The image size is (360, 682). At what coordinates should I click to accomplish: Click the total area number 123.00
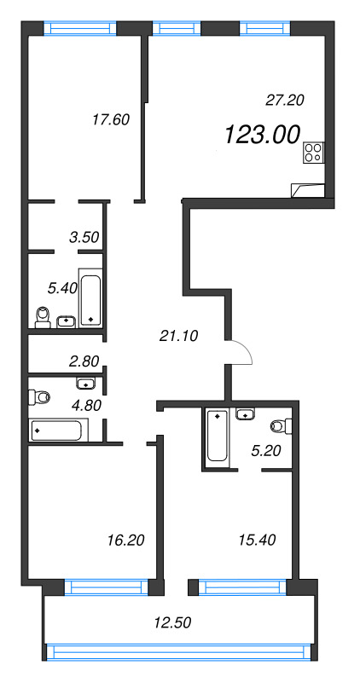263,135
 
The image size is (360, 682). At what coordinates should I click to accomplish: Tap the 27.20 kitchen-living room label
284,101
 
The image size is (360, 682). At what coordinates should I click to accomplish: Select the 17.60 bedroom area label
111,119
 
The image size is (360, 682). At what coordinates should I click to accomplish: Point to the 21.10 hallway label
178,335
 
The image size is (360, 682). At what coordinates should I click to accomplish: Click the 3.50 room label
84,237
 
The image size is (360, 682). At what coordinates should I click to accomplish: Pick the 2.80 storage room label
84,361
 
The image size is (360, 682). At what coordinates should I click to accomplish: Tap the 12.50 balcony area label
172,623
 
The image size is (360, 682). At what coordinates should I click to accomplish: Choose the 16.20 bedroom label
125,540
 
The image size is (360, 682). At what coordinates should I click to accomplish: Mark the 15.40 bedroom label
257,540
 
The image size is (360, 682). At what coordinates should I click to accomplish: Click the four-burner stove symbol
314,153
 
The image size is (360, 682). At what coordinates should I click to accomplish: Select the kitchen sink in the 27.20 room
308,190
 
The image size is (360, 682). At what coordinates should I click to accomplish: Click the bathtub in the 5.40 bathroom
90,300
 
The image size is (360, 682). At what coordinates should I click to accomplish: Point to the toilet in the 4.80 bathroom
39,397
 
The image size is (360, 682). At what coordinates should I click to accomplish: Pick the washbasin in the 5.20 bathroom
247,413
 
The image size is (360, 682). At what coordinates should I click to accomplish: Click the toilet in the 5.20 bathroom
281,426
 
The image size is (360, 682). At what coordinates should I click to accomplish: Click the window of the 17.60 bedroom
80,28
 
